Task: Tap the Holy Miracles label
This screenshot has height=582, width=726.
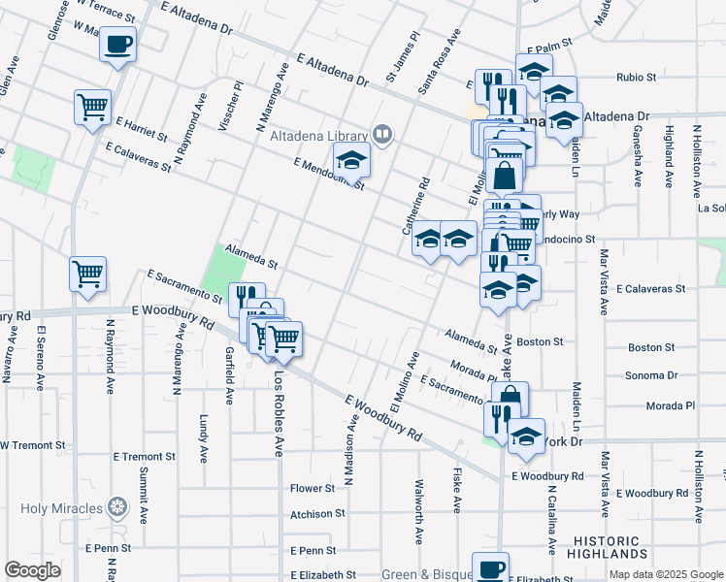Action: (57, 505)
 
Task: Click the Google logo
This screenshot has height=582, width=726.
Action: (32, 570)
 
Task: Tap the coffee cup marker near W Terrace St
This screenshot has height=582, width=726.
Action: (117, 45)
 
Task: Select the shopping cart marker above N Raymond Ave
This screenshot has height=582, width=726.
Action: (88, 275)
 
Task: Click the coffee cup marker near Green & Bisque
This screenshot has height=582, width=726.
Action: (491, 568)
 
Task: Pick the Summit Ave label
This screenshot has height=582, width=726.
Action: (144, 495)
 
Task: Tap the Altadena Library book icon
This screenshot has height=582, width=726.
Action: (382, 135)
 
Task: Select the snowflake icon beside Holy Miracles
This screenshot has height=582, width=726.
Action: (117, 505)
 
